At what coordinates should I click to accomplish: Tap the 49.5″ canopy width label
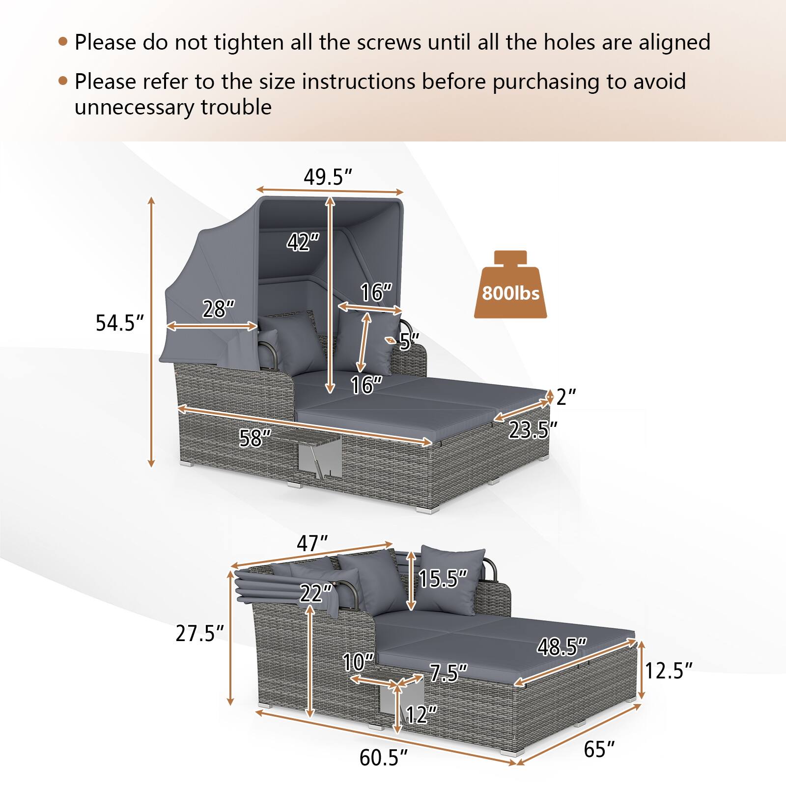click(328, 177)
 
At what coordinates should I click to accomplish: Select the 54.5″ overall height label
click(120, 323)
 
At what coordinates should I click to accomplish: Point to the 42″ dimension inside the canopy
click(303, 242)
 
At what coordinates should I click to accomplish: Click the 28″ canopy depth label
click(218, 309)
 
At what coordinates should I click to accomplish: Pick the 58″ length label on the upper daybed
click(255, 438)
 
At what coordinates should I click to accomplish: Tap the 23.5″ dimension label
click(533, 430)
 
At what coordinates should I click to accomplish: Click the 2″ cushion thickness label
click(566, 397)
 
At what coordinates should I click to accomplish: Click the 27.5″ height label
click(200, 634)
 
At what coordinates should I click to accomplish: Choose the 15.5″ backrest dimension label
click(443, 579)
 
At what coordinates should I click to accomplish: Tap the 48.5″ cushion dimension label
click(561, 647)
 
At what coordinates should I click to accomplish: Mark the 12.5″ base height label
click(668, 671)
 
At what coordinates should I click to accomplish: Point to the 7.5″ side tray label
click(448, 673)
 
